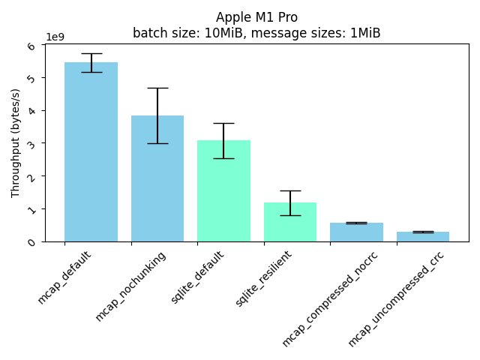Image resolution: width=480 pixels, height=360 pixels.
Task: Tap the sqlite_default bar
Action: click(223, 190)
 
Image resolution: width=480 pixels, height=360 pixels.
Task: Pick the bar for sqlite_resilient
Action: click(290, 222)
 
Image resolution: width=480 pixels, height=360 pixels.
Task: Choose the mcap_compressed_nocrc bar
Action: click(356, 232)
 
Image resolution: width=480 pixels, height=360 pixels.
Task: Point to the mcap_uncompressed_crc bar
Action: click(423, 236)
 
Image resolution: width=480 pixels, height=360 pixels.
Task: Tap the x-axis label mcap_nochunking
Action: click(130, 286)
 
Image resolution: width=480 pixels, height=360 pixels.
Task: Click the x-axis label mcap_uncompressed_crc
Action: click(396, 298)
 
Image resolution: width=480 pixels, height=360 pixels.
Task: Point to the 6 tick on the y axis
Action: click(31, 46)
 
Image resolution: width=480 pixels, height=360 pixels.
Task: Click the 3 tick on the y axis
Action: click(31, 143)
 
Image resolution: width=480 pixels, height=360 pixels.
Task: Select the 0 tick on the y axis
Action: click(31, 241)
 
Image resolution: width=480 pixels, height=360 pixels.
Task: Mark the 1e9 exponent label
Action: click(55, 37)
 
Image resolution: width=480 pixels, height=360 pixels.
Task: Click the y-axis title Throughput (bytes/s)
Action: click(16, 142)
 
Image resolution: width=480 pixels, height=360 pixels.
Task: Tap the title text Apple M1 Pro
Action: click(256, 17)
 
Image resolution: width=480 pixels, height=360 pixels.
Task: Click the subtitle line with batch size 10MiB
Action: click(256, 33)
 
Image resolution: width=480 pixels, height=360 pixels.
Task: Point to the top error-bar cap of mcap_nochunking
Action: click(157, 88)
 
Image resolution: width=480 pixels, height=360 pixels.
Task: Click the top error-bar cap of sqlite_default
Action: click(223, 123)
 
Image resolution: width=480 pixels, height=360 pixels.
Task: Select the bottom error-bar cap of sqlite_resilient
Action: click(290, 215)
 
